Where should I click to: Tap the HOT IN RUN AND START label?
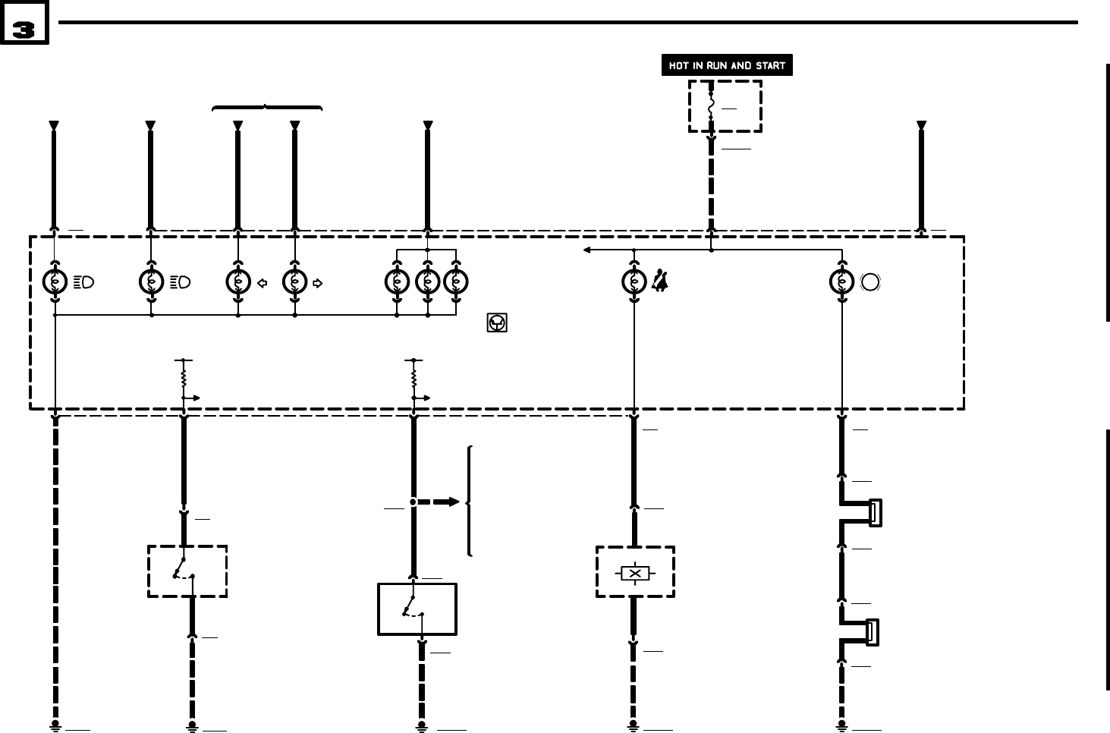[x=727, y=65]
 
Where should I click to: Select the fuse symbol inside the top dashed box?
[x=712, y=105]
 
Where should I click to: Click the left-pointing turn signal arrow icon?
[x=263, y=283]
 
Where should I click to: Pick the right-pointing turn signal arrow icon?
[x=317, y=283]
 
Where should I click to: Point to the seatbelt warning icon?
[x=660, y=282]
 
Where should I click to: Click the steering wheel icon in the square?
[x=496, y=323]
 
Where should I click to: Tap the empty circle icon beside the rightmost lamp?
[x=871, y=282]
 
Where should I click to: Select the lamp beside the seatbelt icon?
[x=634, y=282]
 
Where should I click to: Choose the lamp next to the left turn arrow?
[x=238, y=282]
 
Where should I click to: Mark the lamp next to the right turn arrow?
[x=294, y=282]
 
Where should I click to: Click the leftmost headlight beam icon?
[x=84, y=282]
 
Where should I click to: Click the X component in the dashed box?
[x=634, y=574]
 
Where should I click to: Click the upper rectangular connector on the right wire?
[x=875, y=513]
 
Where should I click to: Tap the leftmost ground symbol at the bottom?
[x=55, y=726]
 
